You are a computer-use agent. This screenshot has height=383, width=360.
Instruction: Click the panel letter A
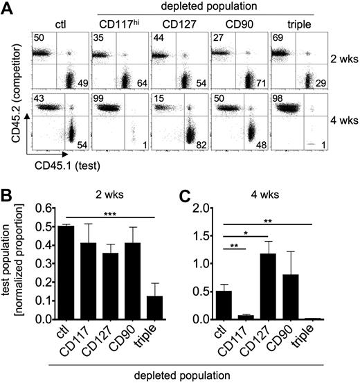click(x=7, y=8)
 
